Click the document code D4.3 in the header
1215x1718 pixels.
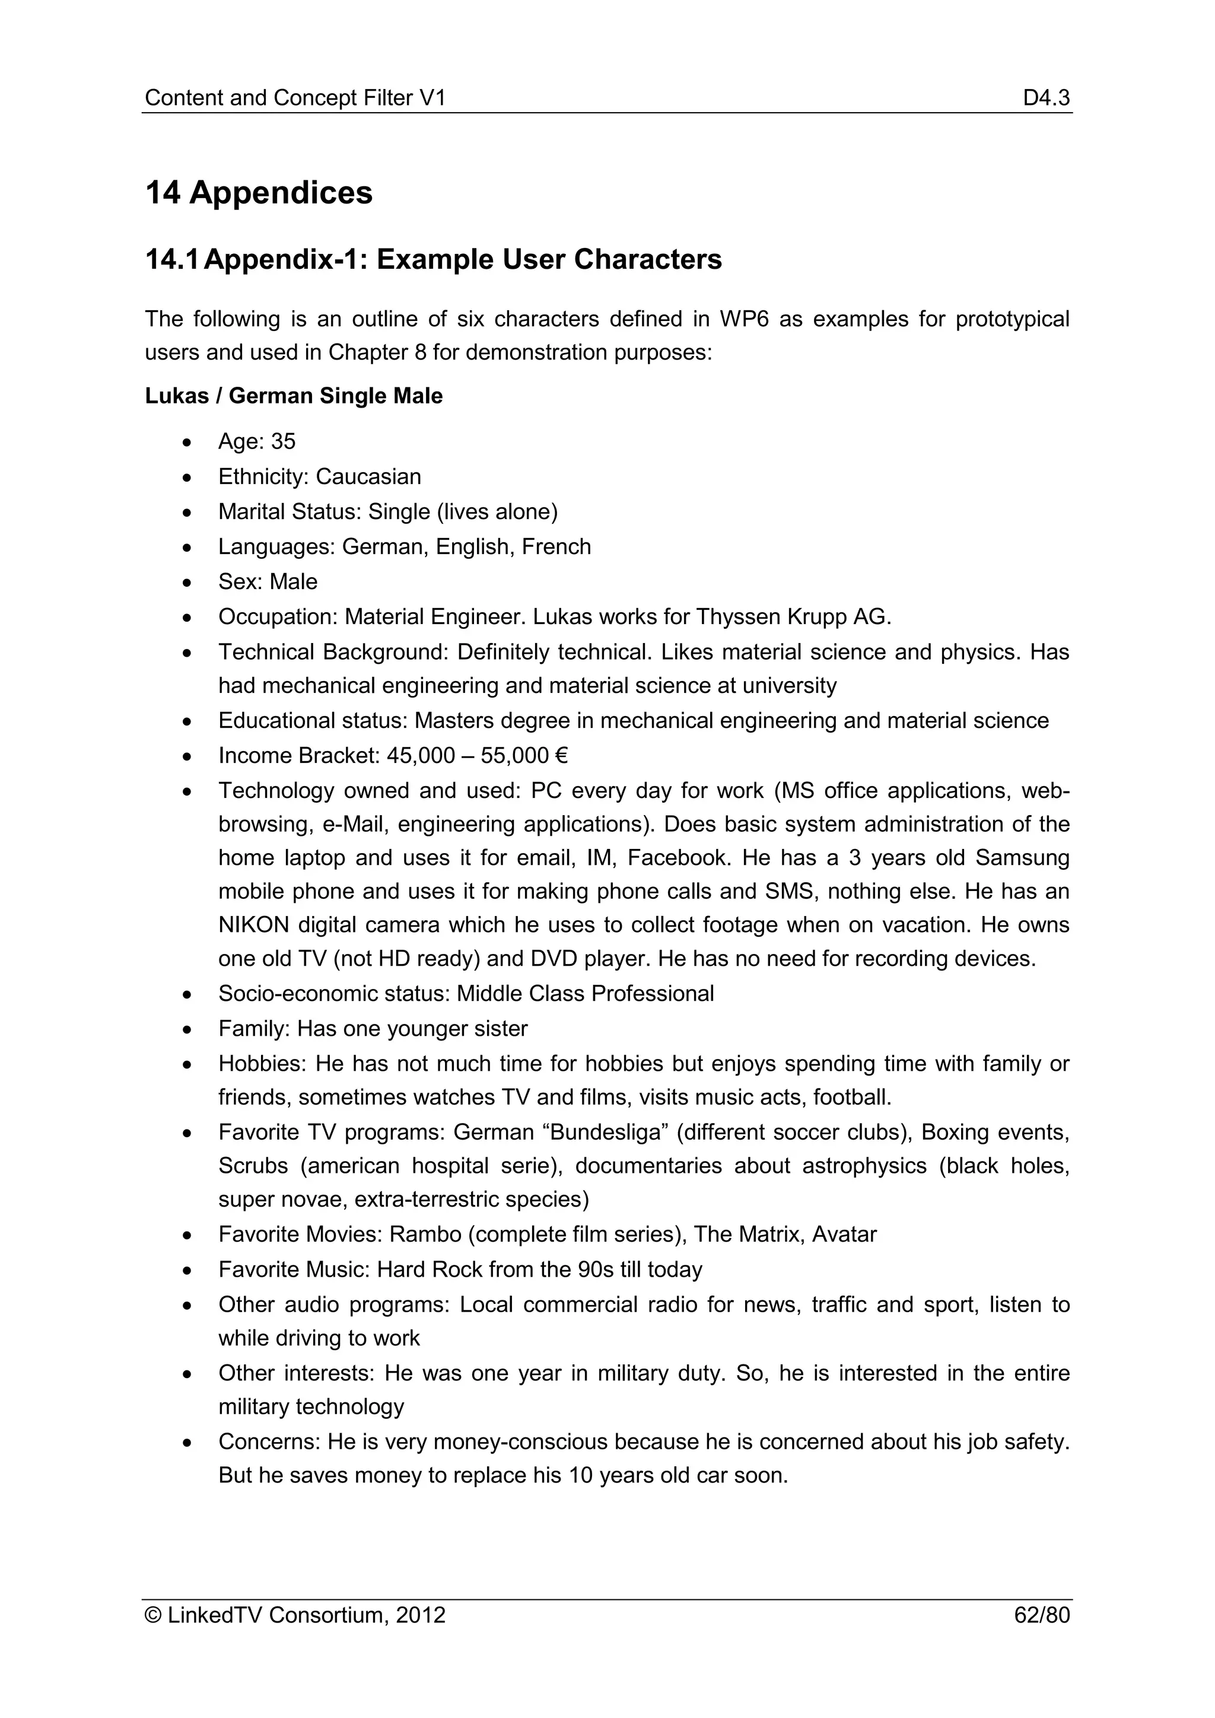point(1046,97)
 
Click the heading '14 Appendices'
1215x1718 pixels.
point(258,193)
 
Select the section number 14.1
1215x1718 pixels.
point(171,260)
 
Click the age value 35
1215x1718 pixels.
point(283,441)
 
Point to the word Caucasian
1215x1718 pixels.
point(368,476)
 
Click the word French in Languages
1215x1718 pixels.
point(556,547)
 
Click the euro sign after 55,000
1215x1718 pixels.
point(562,756)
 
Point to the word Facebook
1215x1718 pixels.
point(677,857)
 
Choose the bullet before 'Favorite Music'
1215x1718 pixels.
point(187,1271)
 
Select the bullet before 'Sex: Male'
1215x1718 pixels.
point(187,583)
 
